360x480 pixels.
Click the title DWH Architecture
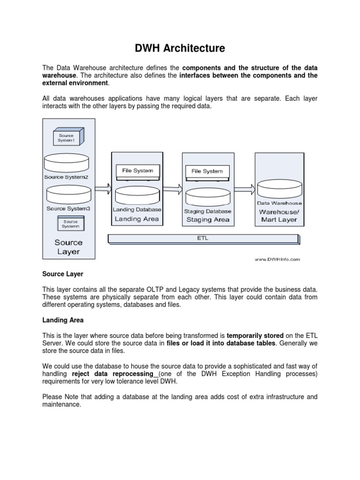pos(180,48)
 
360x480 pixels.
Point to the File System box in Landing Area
pos(137,171)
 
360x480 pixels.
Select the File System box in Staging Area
pos(207,172)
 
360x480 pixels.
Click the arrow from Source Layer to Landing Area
pos(103,189)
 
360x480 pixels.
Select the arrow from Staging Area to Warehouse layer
pos(244,189)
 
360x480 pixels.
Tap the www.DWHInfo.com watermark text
pos(277,259)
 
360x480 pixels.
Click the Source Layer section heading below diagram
pos(62,274)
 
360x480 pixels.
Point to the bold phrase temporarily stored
pos(255,336)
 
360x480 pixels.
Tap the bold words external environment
pos(75,83)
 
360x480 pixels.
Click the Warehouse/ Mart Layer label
pos(278,215)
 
